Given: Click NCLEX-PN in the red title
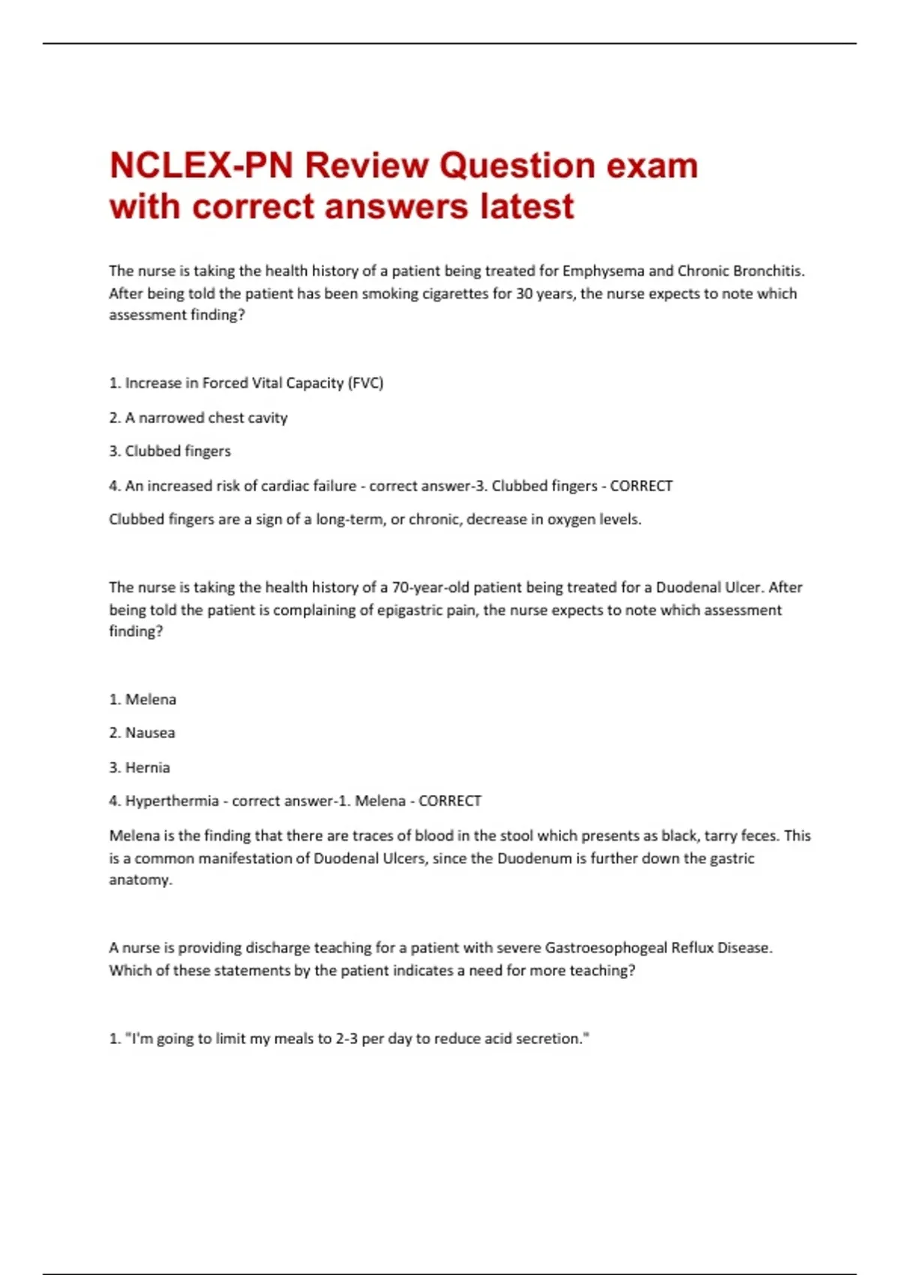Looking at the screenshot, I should [201, 166].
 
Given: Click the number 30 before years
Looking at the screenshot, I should [523, 293].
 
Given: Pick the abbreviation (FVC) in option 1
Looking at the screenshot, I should [365, 383].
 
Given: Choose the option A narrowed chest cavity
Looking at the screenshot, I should [205, 418].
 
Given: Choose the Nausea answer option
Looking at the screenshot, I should [150, 733].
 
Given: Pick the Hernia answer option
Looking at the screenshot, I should [147, 767].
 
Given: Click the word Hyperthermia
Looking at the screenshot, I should [172, 801].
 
